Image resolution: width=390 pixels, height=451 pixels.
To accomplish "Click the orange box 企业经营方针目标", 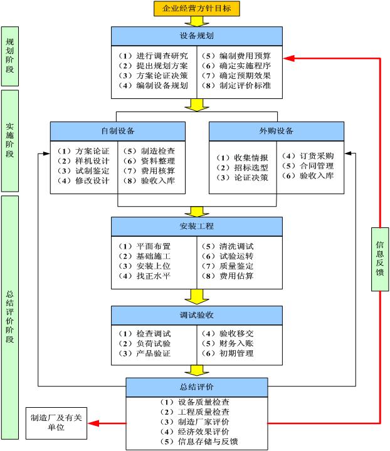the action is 197,8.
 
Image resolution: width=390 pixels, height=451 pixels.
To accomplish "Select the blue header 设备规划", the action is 197,36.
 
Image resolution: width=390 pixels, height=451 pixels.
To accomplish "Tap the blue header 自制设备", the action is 118,131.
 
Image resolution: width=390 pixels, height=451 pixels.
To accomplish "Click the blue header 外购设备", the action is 277,131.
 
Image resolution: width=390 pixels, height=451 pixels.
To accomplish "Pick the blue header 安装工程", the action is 197,226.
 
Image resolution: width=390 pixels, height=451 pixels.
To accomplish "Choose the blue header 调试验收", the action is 197,315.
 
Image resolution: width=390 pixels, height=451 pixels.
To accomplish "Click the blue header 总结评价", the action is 197,387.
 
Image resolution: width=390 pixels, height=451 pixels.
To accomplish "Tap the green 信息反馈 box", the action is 380,259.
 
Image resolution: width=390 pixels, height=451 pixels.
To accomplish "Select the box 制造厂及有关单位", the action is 56,423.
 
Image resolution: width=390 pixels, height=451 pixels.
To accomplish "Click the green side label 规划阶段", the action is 10,56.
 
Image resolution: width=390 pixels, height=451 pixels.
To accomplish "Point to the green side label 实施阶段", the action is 10,141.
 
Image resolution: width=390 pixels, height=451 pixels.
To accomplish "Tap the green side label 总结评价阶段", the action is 10,317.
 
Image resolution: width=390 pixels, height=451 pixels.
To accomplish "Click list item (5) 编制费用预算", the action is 236,56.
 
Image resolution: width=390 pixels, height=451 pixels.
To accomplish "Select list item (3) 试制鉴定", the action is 83,171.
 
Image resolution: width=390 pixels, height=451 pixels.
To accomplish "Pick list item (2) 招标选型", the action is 243,168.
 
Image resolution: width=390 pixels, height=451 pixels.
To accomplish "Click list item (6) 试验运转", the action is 228,256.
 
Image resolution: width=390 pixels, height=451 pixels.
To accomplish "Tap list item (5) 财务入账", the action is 228,343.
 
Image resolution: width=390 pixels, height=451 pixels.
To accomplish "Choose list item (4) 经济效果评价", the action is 195,432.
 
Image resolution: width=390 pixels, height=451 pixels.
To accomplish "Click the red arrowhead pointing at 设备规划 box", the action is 289,58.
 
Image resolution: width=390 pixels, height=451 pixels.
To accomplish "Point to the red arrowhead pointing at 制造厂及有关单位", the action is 93,423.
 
